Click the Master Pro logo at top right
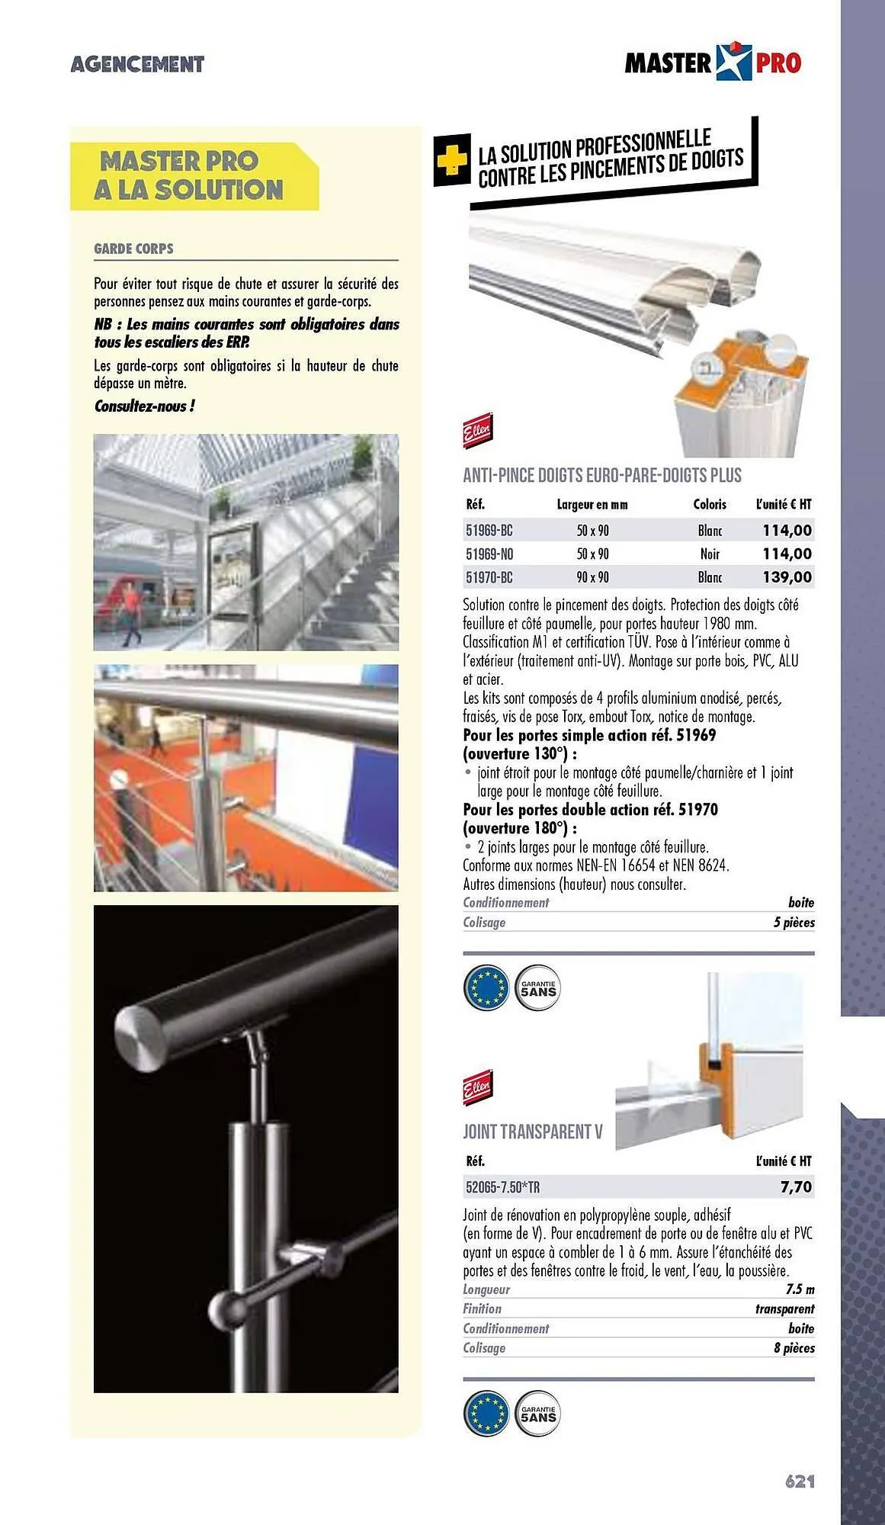(x=713, y=63)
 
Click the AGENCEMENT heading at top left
(x=137, y=64)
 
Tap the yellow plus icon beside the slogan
(x=451, y=160)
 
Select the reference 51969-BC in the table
(x=489, y=531)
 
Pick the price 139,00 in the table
(x=787, y=577)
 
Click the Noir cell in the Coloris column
(x=710, y=554)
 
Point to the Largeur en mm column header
(x=592, y=505)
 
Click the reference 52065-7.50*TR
(x=503, y=1187)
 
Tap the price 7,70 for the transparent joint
(x=796, y=1187)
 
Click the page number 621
(x=800, y=1481)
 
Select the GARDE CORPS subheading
(x=133, y=249)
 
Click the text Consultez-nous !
(x=144, y=406)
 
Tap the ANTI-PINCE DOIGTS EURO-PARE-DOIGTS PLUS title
(x=602, y=476)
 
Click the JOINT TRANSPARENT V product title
(x=532, y=1132)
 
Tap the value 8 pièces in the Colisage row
(x=794, y=1348)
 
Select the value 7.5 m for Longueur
(x=800, y=1289)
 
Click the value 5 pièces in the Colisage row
(x=794, y=923)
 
